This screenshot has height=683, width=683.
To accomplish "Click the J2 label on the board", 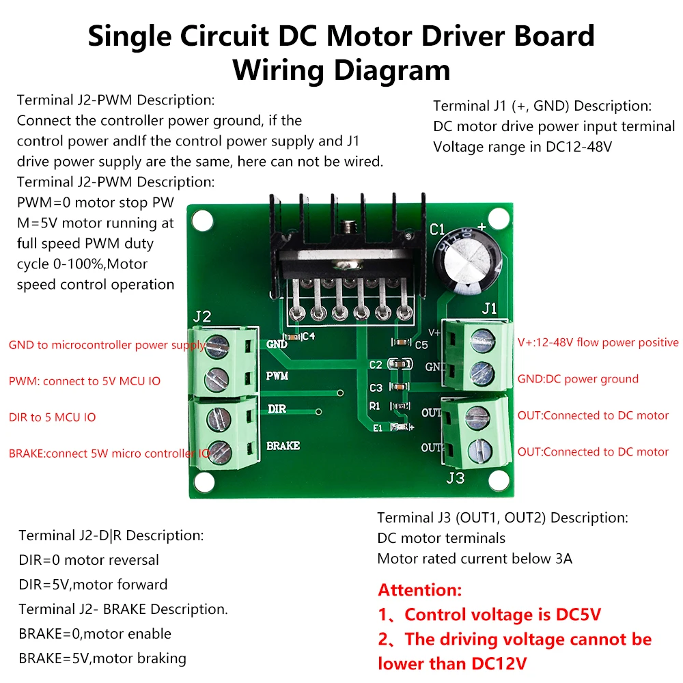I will tap(202, 316).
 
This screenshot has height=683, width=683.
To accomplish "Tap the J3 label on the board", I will tap(456, 477).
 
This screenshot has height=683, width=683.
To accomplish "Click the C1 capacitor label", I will tap(438, 229).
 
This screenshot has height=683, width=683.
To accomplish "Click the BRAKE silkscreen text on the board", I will tap(283, 446).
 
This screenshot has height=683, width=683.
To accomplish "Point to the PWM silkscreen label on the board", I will tap(277, 376).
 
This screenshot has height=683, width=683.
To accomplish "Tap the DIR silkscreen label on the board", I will tap(277, 408).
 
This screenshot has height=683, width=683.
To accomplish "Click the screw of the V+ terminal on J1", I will tap(482, 337).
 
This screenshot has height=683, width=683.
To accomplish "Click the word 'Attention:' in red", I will tap(420, 590).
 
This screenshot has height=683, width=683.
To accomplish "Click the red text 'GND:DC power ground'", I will tap(578, 379).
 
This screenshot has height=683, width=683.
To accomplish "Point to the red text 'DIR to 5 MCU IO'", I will tap(52, 417).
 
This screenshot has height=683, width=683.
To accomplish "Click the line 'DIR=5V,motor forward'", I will tap(93, 585).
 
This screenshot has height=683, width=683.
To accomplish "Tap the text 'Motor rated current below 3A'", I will tap(475, 559).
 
